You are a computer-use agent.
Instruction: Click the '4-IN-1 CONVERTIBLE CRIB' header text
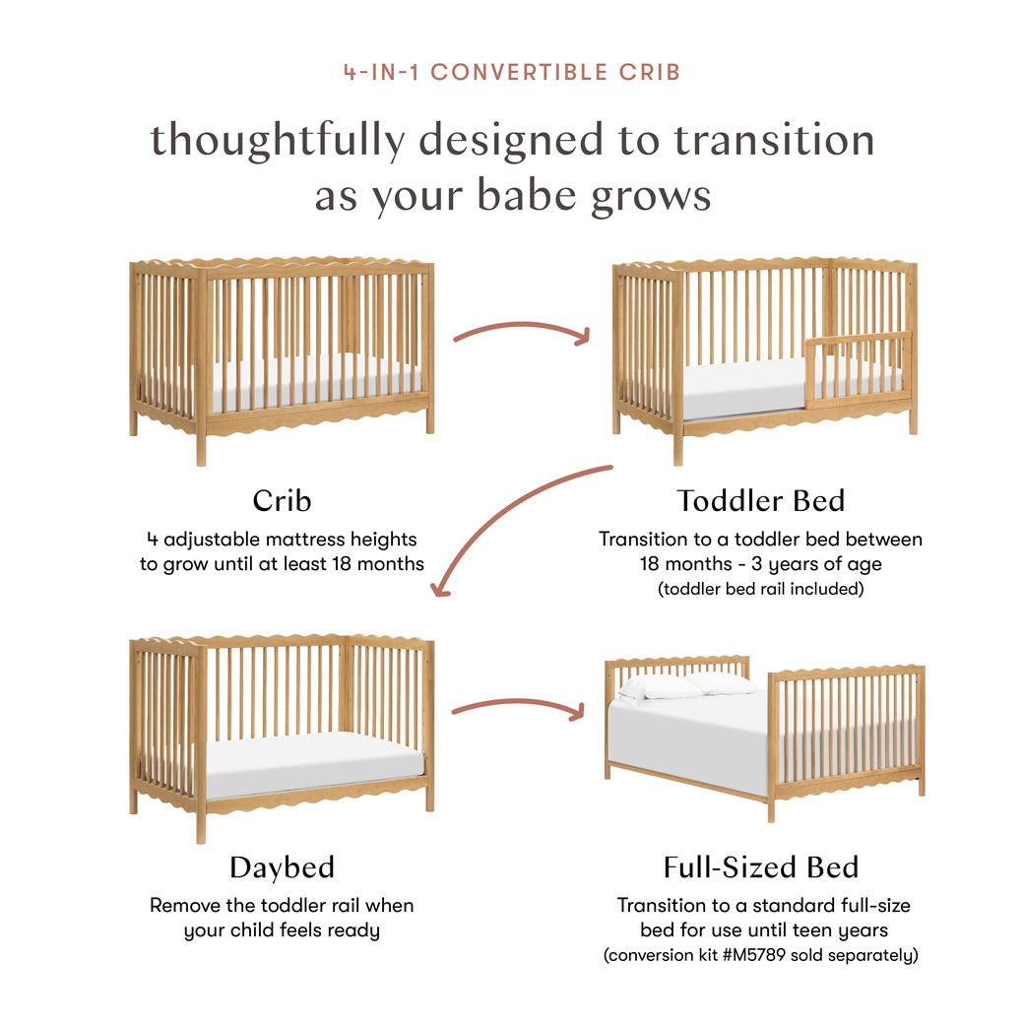coord(511,72)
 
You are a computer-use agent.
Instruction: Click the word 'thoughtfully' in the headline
coord(277,140)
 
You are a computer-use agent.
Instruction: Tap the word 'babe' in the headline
coord(523,196)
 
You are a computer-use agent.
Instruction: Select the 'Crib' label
coord(282,500)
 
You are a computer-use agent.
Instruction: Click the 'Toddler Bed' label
coord(760,500)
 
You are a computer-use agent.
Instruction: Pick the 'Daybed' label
coord(282,867)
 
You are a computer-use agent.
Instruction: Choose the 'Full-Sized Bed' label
coord(760,867)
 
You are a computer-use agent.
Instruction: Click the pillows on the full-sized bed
coord(689,684)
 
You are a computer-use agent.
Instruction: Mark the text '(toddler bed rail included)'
coord(760,590)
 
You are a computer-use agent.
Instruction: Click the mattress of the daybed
coord(315,758)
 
